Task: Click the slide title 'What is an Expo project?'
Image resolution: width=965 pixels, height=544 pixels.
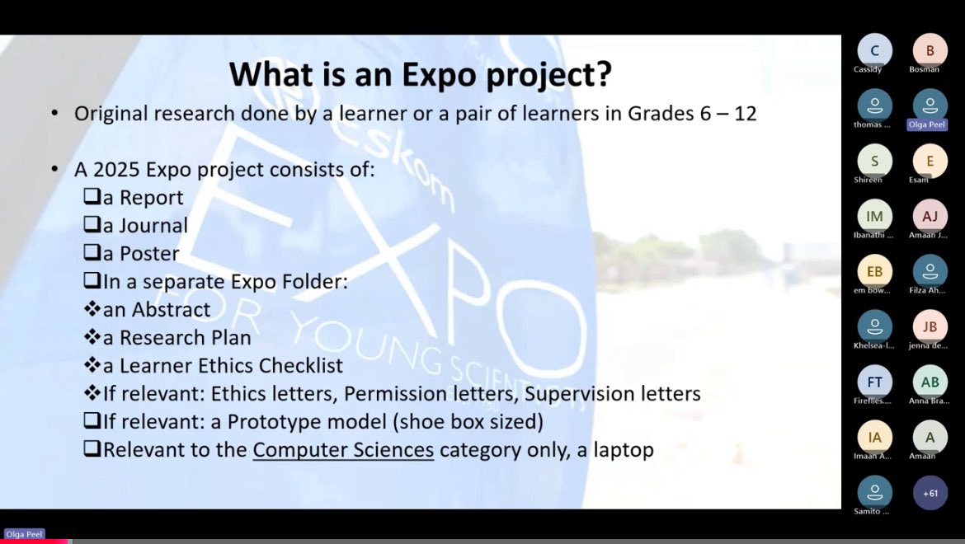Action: tap(420, 74)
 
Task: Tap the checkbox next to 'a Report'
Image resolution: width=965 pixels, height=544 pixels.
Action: tap(92, 198)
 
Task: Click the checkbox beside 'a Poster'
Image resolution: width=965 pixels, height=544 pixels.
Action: tap(92, 254)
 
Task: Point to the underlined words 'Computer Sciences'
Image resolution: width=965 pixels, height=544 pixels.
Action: tap(343, 450)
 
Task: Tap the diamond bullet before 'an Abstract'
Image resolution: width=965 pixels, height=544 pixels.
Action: tap(92, 310)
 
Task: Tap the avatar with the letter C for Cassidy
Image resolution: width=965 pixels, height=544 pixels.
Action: tap(874, 50)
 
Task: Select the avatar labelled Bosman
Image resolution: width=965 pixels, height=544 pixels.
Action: tap(930, 50)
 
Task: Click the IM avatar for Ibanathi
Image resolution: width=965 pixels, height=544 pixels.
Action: tap(874, 216)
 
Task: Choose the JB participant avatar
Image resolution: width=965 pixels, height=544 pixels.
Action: tap(930, 326)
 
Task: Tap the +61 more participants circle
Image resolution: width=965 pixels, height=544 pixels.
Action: tap(930, 493)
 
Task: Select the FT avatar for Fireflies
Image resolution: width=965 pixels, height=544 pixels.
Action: tap(874, 382)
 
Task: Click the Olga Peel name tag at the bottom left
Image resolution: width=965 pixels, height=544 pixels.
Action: tap(24, 534)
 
